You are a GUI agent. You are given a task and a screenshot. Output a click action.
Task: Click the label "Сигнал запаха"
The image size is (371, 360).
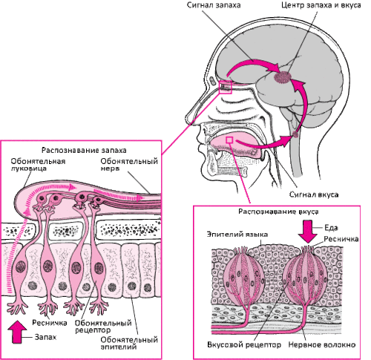click(x=214, y=5)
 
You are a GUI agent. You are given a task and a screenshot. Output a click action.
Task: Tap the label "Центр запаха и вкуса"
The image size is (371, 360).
click(x=321, y=5)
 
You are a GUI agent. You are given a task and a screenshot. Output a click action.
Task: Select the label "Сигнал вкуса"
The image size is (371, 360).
click(x=314, y=194)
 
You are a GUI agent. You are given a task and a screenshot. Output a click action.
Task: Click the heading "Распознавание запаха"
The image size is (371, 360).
click(x=84, y=150)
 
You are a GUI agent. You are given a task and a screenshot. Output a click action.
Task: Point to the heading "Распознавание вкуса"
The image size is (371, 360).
click(x=278, y=212)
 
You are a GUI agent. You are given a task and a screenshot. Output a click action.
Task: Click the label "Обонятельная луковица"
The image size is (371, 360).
click(x=38, y=165)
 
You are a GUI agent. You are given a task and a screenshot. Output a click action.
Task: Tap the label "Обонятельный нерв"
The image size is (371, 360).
click(x=129, y=165)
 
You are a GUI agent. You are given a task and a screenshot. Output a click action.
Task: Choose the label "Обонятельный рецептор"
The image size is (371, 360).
click(x=103, y=327)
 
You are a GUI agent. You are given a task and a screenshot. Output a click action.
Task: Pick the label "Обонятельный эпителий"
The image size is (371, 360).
click(x=129, y=343)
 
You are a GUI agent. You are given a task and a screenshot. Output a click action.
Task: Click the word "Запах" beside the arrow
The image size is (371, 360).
click(x=45, y=337)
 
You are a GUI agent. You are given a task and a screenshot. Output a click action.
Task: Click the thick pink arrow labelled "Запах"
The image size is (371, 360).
click(x=17, y=332)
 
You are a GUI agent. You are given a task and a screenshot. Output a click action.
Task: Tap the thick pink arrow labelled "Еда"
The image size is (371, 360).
click(x=307, y=232)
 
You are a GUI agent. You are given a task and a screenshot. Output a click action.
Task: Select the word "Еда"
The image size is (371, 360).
click(x=331, y=228)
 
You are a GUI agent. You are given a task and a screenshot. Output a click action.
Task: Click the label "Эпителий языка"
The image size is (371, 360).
click(x=237, y=235)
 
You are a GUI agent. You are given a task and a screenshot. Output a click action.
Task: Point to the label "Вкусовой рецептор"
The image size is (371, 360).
click(x=244, y=344)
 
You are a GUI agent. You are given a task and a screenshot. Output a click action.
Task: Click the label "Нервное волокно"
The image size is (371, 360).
click(x=322, y=344)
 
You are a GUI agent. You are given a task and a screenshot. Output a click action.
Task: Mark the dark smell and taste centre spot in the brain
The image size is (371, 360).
click(x=283, y=76)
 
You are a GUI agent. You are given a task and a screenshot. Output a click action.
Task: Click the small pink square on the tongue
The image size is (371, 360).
click(x=229, y=140)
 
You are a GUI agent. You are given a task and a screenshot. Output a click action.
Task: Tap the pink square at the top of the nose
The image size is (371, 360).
click(x=225, y=87)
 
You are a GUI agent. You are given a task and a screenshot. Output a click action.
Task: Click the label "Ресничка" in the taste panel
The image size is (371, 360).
click(x=341, y=239)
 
